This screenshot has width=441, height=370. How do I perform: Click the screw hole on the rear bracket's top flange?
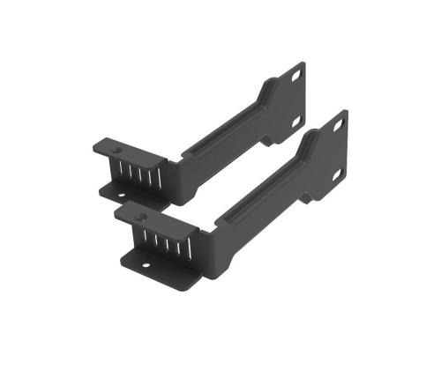[x=108, y=144]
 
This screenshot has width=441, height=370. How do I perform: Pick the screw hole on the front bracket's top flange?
[x=131, y=214]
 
